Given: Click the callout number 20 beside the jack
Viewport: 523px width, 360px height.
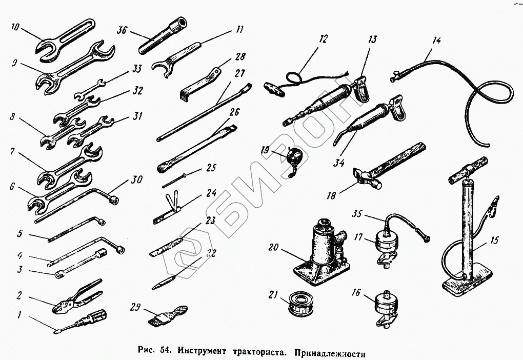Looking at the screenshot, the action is [273, 247].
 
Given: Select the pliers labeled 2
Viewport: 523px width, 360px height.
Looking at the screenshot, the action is [77, 297].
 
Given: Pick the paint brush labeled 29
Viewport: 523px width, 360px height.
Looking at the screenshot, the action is [168, 314].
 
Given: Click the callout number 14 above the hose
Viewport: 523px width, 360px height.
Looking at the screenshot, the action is [436, 41].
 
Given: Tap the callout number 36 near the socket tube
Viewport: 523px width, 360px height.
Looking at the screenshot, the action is [122, 30].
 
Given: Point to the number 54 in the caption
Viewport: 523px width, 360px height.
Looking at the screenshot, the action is [165, 351].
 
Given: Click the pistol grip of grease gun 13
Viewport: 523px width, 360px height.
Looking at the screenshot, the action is [362, 89].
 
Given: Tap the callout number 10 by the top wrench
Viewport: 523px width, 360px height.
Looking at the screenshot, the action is [15, 27].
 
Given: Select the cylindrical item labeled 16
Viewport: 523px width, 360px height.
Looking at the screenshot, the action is [387, 309].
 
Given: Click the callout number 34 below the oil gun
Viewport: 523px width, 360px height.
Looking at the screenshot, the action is [339, 163].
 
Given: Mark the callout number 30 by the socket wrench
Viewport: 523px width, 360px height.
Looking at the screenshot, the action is [136, 179].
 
